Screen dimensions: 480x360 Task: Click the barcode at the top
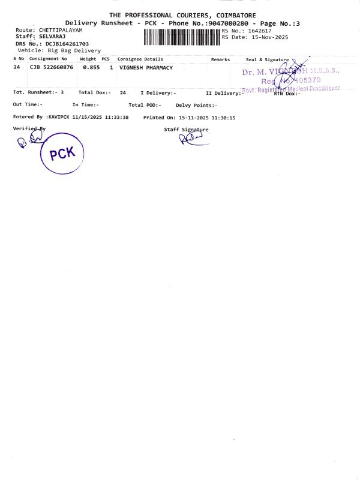click(182, 37)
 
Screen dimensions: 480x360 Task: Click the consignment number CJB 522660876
click(51, 68)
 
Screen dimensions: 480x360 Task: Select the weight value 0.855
click(91, 68)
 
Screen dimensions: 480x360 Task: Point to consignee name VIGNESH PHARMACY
click(146, 68)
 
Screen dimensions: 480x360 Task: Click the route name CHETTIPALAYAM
click(60, 30)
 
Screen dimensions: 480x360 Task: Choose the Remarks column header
click(220, 59)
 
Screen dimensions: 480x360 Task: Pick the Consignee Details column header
click(140, 59)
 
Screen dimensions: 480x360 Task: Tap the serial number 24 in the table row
click(17, 68)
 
